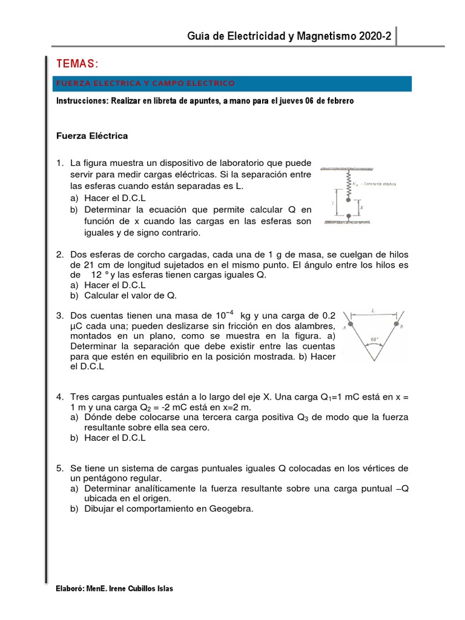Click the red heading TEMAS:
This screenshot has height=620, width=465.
tap(76, 64)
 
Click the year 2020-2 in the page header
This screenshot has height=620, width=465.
tap(375, 37)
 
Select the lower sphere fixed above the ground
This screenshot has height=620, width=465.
tap(348, 216)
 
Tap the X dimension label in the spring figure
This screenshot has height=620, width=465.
tap(361, 207)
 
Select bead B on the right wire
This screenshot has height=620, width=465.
tap(395, 326)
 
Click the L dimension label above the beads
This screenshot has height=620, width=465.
tap(373, 311)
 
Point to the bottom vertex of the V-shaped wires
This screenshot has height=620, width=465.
tap(374, 360)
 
